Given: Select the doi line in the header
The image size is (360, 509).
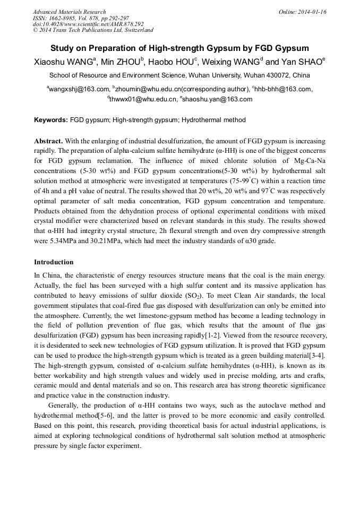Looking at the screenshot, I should [88, 24].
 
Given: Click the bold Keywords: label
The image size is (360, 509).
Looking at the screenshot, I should [51, 120].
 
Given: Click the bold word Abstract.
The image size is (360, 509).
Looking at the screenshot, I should [48, 141].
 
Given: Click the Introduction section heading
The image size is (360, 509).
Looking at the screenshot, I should [54, 262].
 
